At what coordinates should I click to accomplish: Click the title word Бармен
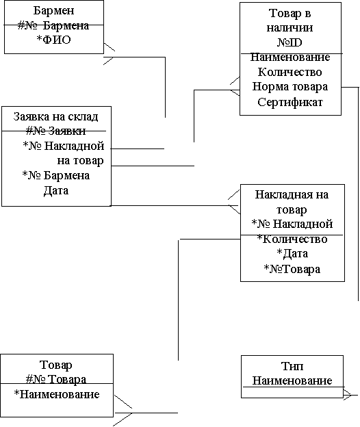click(x=53, y=11)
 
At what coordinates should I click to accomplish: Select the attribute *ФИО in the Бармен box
click(x=53, y=40)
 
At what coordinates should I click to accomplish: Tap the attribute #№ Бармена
click(x=53, y=25)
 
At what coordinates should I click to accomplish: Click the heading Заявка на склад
click(x=55, y=116)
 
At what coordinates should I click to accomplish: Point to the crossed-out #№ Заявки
click(x=56, y=131)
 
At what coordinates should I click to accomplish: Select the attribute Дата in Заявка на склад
click(x=56, y=190)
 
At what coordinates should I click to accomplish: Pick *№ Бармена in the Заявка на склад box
click(x=56, y=175)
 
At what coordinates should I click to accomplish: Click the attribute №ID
click(x=290, y=42)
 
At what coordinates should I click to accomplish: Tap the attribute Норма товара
click(x=290, y=87)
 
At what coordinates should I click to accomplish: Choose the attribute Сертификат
click(x=290, y=102)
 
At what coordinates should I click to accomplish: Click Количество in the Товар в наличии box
click(x=290, y=72)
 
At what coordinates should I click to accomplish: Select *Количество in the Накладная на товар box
click(x=292, y=239)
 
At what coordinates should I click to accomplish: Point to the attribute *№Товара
click(x=292, y=269)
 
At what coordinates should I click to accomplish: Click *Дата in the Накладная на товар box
click(x=292, y=254)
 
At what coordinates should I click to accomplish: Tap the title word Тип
click(x=292, y=366)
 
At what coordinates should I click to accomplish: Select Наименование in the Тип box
click(x=292, y=380)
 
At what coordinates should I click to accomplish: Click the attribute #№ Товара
click(x=56, y=379)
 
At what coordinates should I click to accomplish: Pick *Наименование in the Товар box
click(x=57, y=394)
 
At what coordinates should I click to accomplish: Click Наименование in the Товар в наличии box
click(x=290, y=57)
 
